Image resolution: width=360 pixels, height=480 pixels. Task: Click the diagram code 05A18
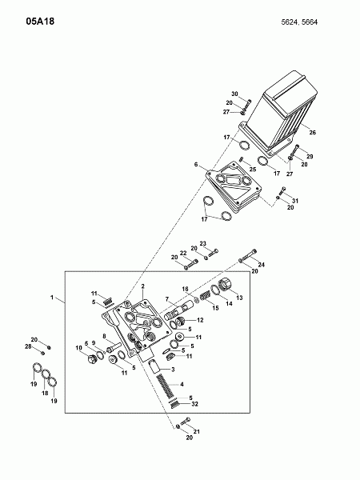pos(40,22)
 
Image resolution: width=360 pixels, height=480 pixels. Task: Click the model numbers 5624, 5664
pos(299,22)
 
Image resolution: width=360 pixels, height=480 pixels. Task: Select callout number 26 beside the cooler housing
pos(312,133)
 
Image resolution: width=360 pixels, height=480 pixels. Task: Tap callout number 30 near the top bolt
pos(234,94)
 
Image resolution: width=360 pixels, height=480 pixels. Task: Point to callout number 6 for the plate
pos(196,165)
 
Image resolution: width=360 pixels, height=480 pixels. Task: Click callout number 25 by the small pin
pos(253,170)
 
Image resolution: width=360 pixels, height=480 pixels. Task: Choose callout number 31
pos(294,201)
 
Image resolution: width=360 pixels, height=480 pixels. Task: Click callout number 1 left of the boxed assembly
pos(52,298)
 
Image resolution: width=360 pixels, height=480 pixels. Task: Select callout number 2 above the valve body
pos(142,286)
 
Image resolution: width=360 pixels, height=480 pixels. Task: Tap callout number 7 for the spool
pos(167,299)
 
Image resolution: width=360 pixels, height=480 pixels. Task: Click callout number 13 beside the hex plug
pos(239,298)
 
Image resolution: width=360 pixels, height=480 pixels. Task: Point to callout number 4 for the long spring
pos(182,384)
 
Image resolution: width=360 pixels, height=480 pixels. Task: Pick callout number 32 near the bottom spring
pos(194,404)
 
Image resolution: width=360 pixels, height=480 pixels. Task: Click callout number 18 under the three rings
pos(45,393)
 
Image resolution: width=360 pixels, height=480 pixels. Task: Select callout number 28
pos(28,346)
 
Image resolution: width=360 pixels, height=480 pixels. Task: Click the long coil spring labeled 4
pos(166,386)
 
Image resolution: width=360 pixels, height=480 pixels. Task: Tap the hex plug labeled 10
pos(90,358)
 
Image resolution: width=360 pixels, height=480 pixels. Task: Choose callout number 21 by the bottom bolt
pos(197,432)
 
